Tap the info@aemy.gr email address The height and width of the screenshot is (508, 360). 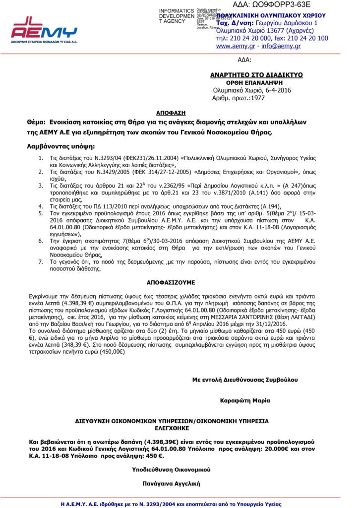[281, 46]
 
